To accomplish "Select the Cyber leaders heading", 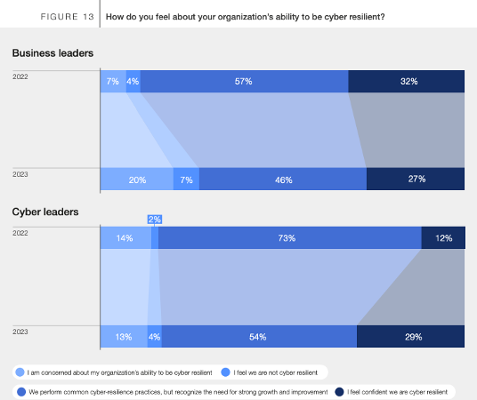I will click(x=45, y=212).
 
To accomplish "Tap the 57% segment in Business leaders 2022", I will click(x=243, y=81).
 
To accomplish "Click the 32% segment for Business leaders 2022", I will click(x=406, y=81).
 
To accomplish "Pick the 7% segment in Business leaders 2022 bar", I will click(x=112, y=81).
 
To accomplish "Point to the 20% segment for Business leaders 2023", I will click(x=136, y=179).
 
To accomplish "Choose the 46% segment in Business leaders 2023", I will click(x=282, y=179).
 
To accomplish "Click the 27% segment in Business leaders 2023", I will click(x=416, y=179).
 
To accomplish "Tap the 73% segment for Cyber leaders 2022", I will click(x=289, y=238).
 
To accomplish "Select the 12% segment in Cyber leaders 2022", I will click(x=443, y=238).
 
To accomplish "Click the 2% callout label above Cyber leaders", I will click(x=155, y=220).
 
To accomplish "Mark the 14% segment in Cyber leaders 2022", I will click(x=125, y=238).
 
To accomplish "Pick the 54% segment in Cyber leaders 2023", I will click(x=258, y=337).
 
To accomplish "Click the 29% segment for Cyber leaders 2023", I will click(x=411, y=337).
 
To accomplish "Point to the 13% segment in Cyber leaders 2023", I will click(x=123, y=337).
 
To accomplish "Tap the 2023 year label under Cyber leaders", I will click(x=20, y=330).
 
